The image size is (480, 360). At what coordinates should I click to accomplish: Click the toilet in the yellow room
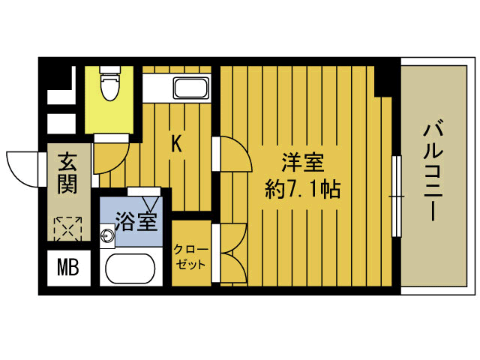pyautogui.click(x=110, y=86)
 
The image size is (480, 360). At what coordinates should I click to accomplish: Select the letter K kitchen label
pyautogui.click(x=177, y=142)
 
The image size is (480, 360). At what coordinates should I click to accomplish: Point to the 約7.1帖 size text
pyautogui.click(x=304, y=189)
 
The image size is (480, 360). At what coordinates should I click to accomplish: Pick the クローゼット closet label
pyautogui.click(x=191, y=256)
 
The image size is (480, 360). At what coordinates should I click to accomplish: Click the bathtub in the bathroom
pyautogui.click(x=128, y=269)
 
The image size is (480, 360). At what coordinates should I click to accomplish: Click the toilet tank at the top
pyautogui.click(x=110, y=73)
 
